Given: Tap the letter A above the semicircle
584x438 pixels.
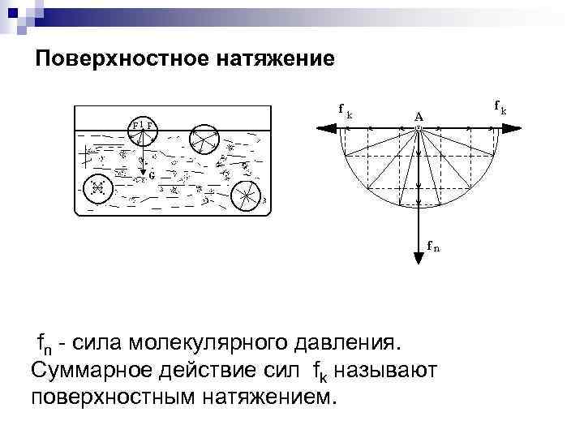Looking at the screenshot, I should point(419,117).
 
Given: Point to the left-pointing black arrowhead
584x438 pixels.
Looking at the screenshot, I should point(326,127).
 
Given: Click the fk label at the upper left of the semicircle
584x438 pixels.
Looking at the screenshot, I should point(345,110).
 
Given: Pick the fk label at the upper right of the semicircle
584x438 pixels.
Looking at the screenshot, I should point(500,106).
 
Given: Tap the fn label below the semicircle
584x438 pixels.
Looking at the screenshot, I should point(434,247).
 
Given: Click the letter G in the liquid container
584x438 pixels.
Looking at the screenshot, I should point(152,174).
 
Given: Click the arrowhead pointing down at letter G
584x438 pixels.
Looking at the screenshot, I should point(144,169).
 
